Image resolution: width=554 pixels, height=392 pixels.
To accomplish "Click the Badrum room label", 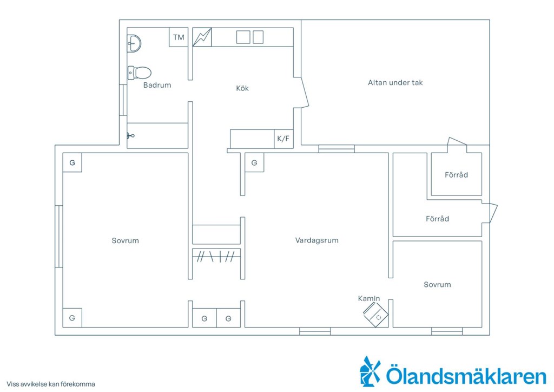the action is [157, 85].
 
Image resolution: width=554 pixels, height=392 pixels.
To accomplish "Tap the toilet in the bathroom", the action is [139, 73].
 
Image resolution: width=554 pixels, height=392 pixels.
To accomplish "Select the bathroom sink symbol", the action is [134, 43].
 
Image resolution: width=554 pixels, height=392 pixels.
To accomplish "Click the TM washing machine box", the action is [179, 37].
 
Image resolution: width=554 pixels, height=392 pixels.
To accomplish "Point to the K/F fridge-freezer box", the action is [283, 139].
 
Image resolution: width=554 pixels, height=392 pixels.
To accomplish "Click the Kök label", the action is [242, 88].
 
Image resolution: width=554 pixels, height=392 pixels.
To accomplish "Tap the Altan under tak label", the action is [395, 83].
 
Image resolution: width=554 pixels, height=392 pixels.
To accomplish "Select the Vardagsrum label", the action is [317, 240].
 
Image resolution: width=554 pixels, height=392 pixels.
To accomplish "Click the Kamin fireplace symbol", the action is [375, 315].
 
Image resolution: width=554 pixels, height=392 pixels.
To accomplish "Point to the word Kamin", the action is [369, 298].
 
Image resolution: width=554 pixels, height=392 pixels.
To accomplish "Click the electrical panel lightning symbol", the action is [202, 37].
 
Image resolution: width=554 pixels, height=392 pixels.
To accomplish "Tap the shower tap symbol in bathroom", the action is [130, 135].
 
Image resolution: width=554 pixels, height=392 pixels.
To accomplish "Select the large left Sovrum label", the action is [126, 241].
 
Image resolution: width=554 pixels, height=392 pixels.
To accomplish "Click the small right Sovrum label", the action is [437, 285].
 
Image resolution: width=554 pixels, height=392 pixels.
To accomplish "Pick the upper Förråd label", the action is [457, 175].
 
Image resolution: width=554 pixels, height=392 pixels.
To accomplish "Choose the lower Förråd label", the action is [437, 219].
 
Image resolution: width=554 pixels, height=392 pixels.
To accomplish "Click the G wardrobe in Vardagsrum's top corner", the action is [254, 162].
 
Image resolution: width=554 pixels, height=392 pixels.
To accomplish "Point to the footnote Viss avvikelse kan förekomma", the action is [51, 384].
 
